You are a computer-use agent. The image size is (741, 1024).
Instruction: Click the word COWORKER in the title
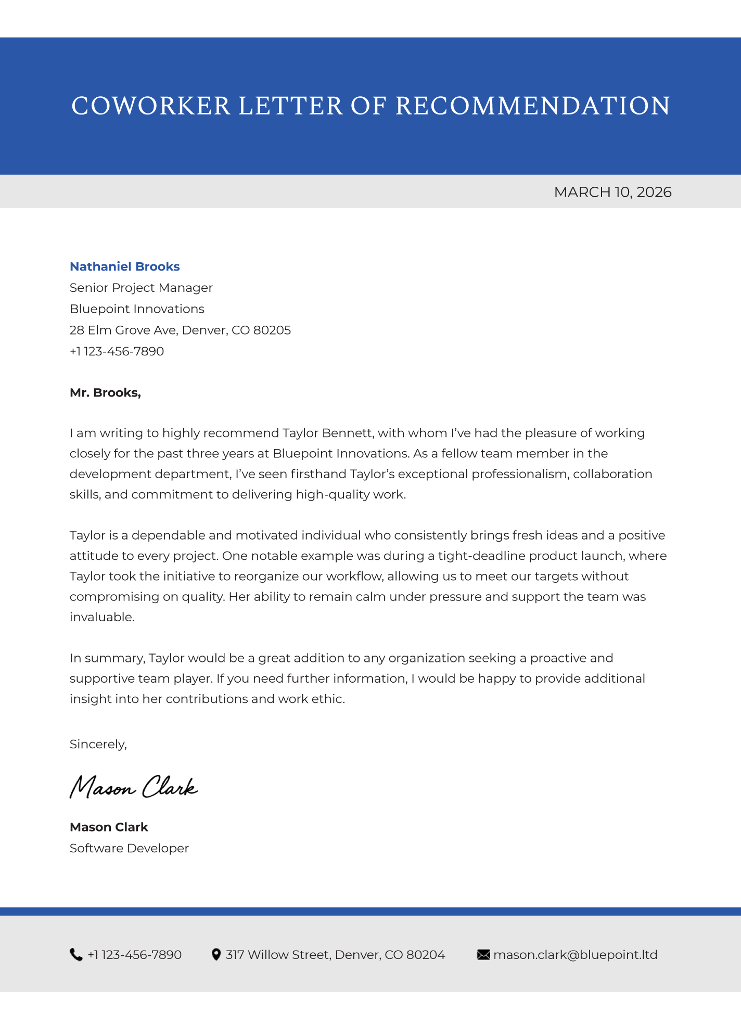[x=150, y=106]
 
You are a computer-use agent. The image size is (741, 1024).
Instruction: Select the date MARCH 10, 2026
[x=612, y=193]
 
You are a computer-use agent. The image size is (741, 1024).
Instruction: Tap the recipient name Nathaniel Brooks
[x=125, y=267]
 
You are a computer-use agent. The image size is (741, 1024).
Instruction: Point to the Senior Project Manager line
[x=141, y=288]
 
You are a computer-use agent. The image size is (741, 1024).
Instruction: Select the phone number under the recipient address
[x=117, y=352]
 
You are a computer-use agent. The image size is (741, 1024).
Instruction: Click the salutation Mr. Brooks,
[x=105, y=393]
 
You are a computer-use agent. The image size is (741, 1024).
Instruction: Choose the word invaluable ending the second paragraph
[x=101, y=617]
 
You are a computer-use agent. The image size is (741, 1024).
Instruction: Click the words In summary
[x=107, y=658]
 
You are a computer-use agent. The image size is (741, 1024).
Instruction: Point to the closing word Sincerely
[x=98, y=745]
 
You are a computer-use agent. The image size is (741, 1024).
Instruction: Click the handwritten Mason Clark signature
[x=134, y=787]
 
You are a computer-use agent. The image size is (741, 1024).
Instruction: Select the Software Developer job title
[x=129, y=849]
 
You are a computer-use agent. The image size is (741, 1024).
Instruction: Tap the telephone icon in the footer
[x=76, y=955]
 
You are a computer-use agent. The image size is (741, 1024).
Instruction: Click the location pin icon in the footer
[x=216, y=955]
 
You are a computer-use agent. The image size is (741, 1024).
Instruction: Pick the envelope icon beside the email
[x=483, y=955]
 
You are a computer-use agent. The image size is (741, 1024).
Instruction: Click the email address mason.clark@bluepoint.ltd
[x=575, y=955]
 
